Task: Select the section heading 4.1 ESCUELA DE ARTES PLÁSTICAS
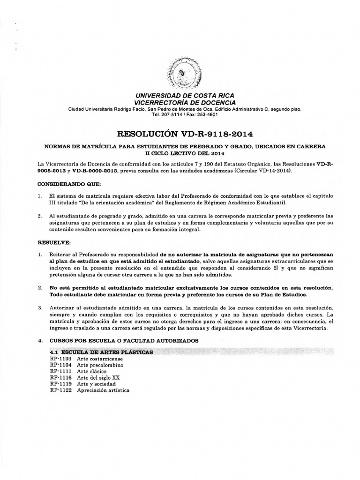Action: pyautogui.click(x=100, y=352)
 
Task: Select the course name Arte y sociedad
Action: pyautogui.click(x=96, y=383)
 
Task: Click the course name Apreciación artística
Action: pyautogui.click(x=104, y=390)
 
